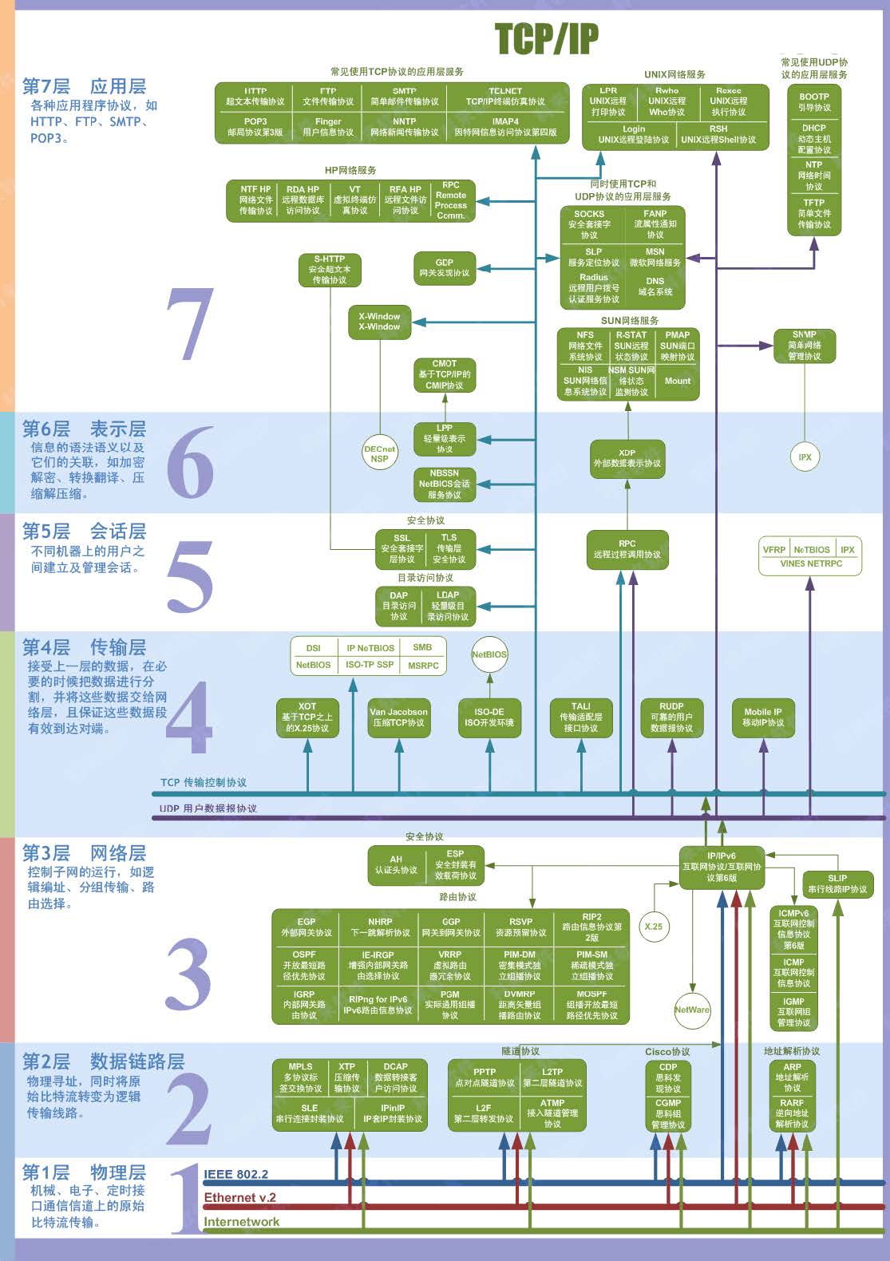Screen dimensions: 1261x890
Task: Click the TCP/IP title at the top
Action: tap(547, 38)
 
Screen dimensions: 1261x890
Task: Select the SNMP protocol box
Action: tap(804, 346)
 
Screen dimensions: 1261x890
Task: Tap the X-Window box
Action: tap(379, 322)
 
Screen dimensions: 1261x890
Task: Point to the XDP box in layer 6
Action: tap(627, 458)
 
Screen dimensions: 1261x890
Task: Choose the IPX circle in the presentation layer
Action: tap(805, 457)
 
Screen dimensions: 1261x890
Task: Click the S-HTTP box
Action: tap(329, 270)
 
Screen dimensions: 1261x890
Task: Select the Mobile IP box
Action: tap(762, 717)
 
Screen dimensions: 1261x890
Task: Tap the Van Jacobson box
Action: tap(398, 717)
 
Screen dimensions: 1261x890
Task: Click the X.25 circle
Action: tap(653, 927)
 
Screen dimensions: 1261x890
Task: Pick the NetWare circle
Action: tap(691, 1010)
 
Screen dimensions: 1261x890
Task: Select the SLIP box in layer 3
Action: tap(837, 883)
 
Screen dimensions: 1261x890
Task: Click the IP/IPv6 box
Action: tap(722, 867)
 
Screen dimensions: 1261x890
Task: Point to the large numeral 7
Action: tap(190, 323)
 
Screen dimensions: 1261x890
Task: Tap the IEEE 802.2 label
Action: tap(235, 1174)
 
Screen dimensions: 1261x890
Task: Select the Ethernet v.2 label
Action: tap(239, 1197)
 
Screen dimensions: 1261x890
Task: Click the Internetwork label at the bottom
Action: tap(241, 1222)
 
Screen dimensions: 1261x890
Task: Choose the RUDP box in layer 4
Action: tap(671, 717)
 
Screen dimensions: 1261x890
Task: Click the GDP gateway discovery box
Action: tap(444, 268)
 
